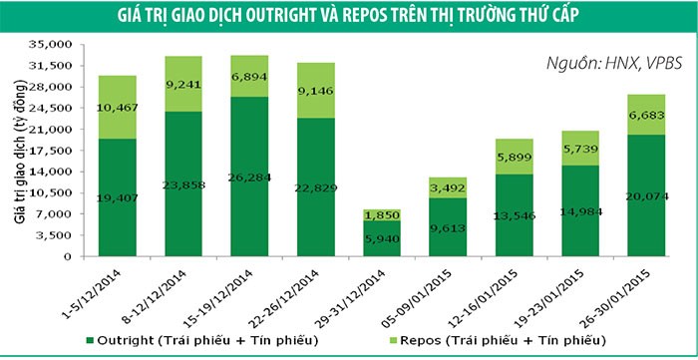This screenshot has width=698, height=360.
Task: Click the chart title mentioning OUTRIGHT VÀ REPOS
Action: click(349, 15)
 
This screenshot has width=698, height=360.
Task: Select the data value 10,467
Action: click(118, 108)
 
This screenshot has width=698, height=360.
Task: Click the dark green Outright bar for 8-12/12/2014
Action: click(183, 184)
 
